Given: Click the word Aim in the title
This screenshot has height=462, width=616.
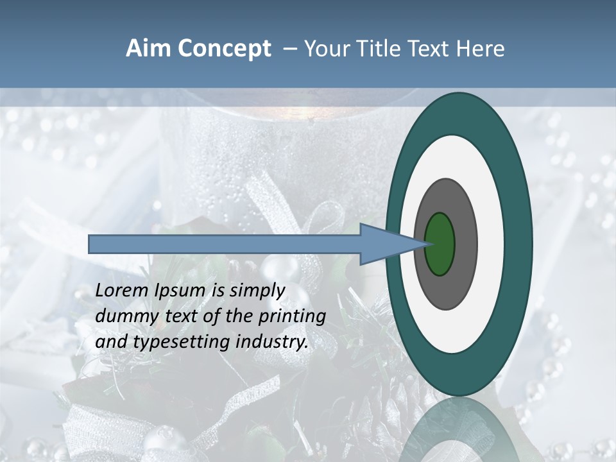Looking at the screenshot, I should pos(148,49).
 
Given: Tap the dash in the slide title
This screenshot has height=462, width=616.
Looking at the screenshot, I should pos(289,49).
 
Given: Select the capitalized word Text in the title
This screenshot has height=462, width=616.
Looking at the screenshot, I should pos(431,49).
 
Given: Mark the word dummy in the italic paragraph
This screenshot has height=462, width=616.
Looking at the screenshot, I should pos(123,317).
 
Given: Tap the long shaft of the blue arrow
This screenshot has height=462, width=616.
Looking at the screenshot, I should pos(225,244).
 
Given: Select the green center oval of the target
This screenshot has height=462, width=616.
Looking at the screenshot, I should pos(440,244).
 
